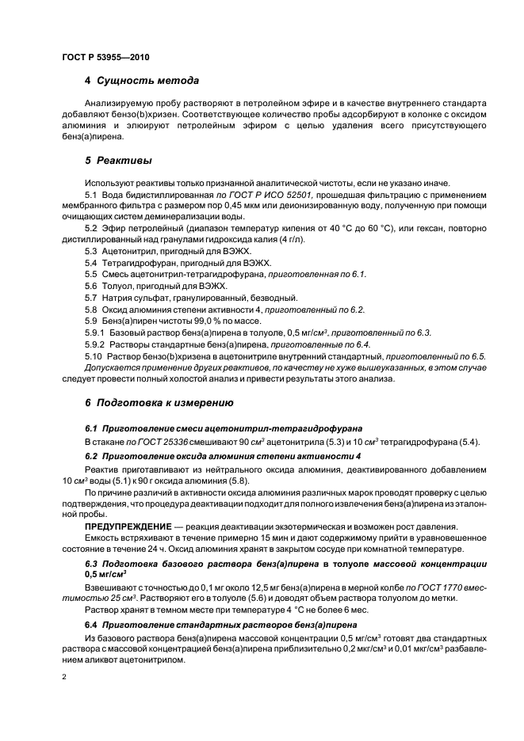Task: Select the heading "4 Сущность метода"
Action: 142,81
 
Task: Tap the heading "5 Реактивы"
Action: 118,160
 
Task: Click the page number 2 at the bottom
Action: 64,676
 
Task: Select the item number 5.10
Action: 94,356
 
